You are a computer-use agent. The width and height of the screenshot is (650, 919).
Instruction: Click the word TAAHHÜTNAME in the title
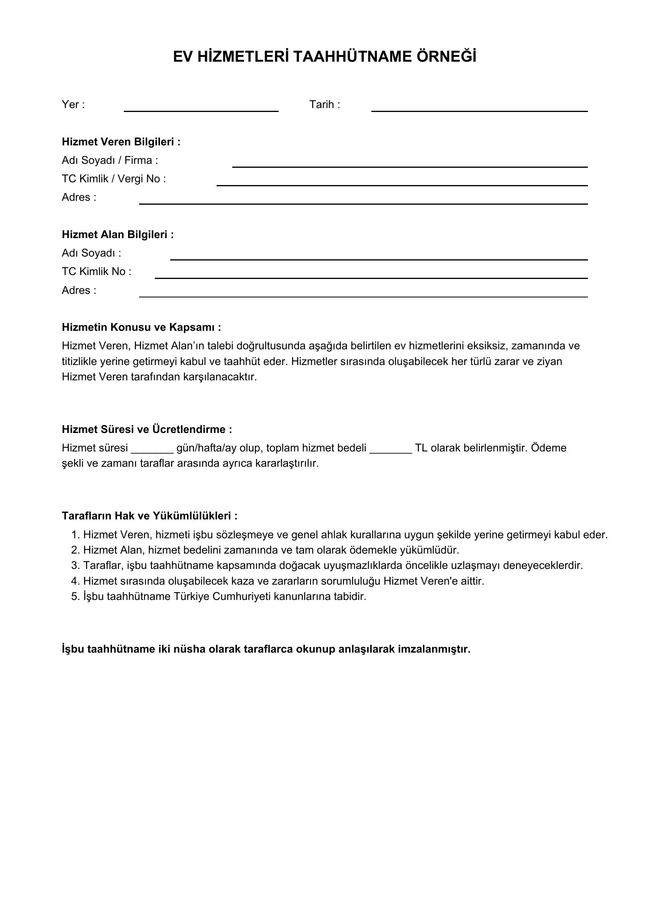352,57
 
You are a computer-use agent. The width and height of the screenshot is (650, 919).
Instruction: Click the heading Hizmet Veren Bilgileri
121,142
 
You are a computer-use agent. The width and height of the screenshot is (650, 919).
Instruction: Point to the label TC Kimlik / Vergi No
114,179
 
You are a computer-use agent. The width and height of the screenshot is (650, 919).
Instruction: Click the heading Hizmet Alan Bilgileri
118,235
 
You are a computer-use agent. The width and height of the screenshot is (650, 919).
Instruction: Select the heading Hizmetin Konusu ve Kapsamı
141,327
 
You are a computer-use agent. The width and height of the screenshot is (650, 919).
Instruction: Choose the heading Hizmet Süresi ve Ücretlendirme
147,429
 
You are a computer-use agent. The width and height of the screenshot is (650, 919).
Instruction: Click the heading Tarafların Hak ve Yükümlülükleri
149,516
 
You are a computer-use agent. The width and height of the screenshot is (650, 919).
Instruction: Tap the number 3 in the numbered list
74,565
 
